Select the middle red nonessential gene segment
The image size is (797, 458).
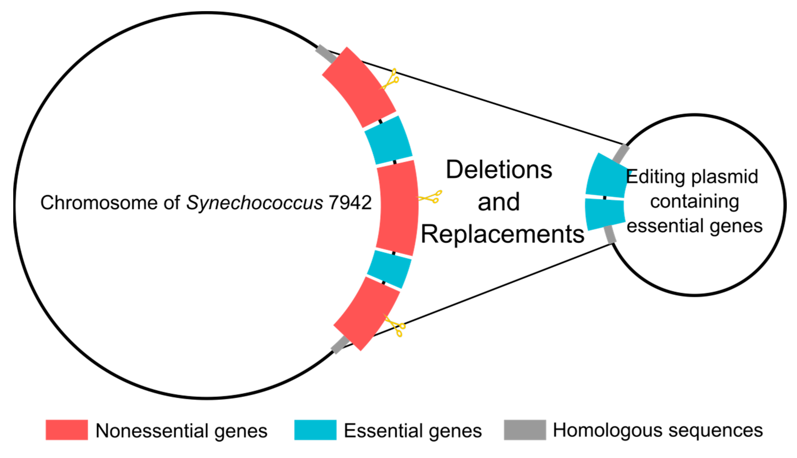coord(397,207)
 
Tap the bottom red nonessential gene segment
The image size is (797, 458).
coord(366,313)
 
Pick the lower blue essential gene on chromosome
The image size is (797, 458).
coord(389,269)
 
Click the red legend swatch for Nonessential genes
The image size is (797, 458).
coord(67,430)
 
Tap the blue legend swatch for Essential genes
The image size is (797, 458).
coord(315,430)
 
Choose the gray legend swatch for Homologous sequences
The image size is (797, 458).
coord(525,430)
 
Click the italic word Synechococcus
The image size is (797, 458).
coord(255,202)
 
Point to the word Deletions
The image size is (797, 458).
coord(499,170)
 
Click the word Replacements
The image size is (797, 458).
coord(502,234)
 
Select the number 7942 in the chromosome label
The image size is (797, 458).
coord(350,202)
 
